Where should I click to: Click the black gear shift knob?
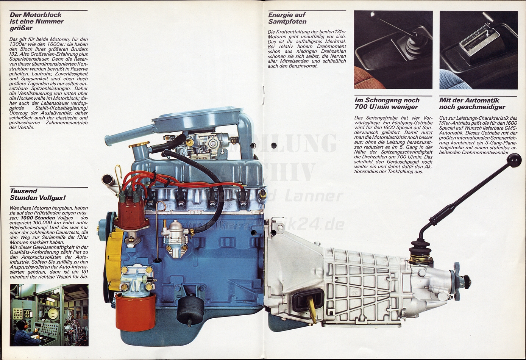click(514, 160)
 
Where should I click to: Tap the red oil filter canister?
click(135, 311)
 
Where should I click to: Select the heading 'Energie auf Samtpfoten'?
click(287, 18)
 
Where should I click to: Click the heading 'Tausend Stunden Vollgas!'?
click(37, 194)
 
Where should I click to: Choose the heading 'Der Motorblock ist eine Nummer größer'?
click(36, 21)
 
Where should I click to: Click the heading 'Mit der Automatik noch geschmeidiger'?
click(472, 103)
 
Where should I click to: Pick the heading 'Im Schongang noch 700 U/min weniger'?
click(387, 103)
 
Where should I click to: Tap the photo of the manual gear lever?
click(393, 50)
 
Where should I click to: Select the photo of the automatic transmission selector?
click(478, 50)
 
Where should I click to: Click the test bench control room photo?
click(49, 315)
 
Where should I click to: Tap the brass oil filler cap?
click(139, 145)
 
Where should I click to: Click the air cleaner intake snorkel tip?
click(108, 140)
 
